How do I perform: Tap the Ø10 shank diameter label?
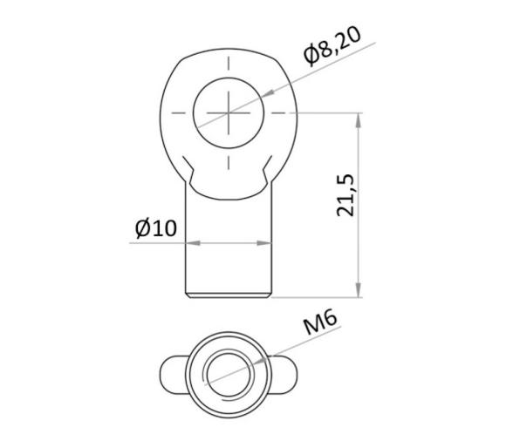[x=156, y=228]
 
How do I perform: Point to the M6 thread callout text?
[x=320, y=325]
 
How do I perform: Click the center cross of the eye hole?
[x=229, y=112]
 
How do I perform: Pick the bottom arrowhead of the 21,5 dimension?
[x=358, y=291]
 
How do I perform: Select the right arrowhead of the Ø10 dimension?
[x=266, y=243]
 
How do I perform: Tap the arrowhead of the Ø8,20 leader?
[x=266, y=92]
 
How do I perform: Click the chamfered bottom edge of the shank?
[x=229, y=296]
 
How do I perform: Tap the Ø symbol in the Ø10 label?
[x=143, y=228]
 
